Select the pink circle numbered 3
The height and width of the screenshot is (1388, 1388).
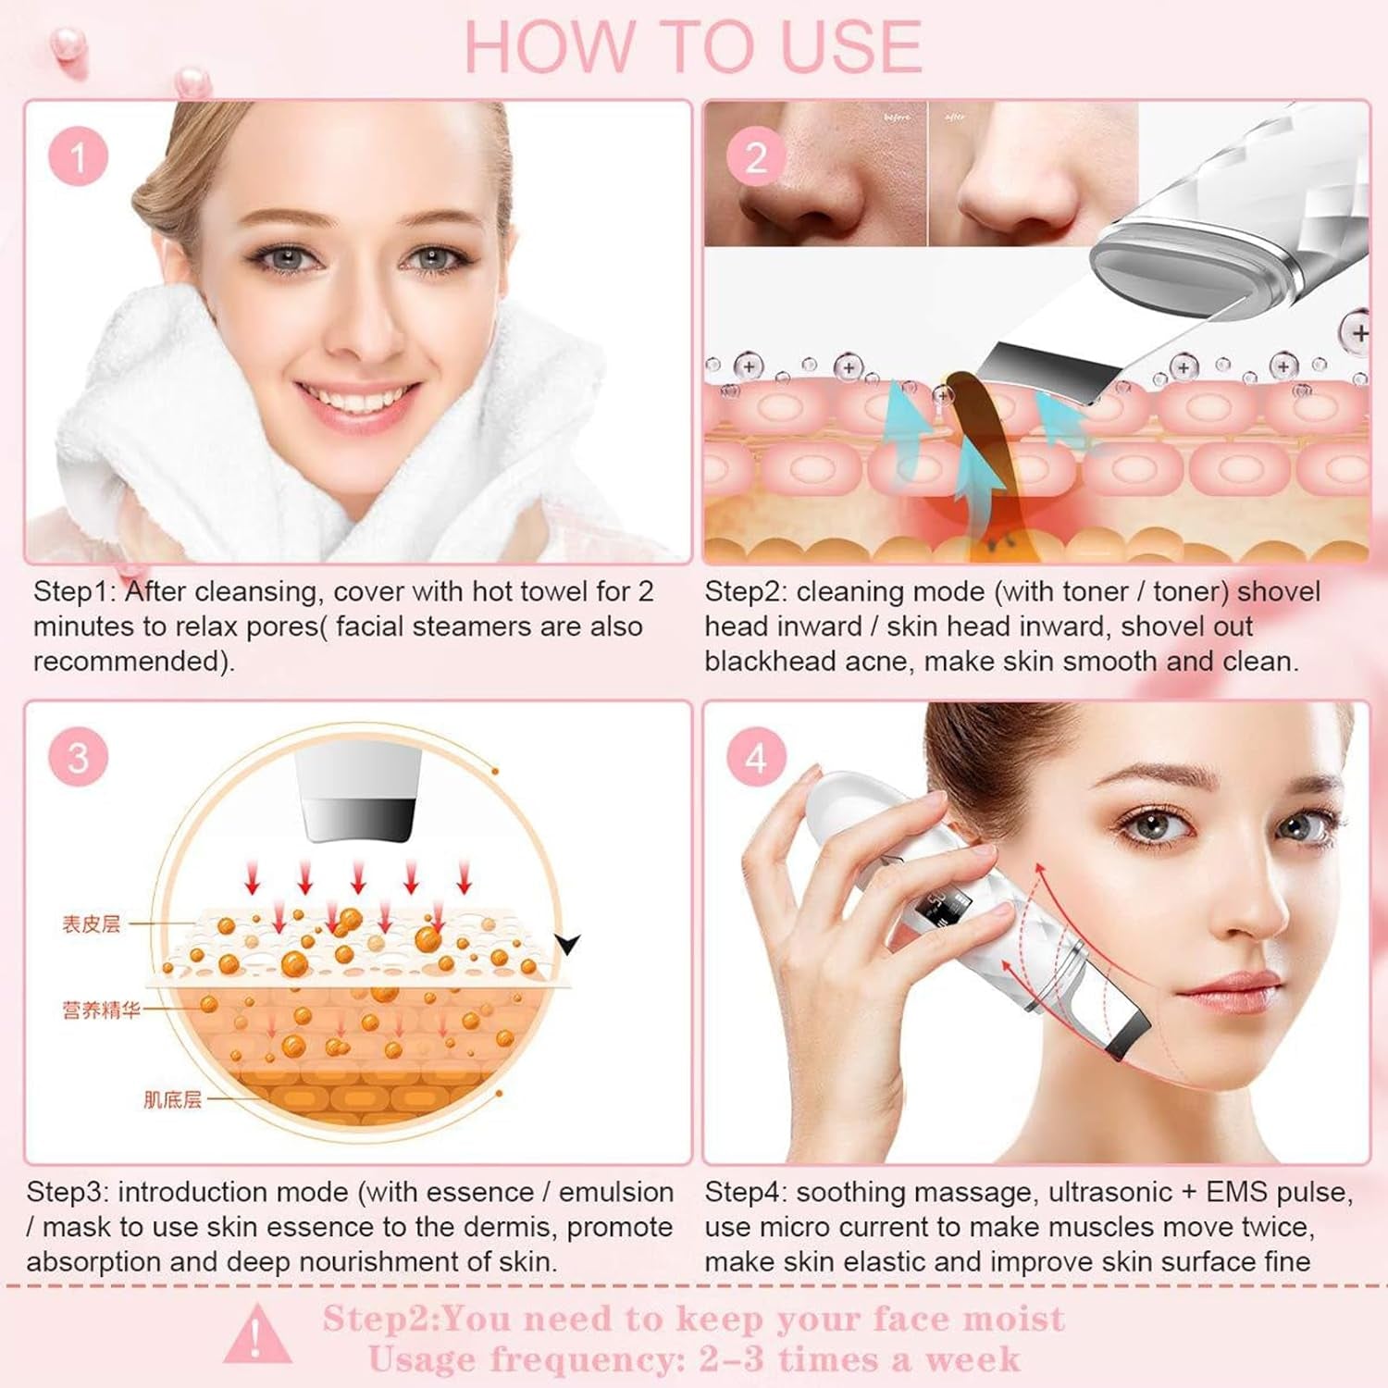click(x=78, y=757)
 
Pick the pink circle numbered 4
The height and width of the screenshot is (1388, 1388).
click(x=756, y=757)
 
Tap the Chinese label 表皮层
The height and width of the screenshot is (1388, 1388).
click(x=91, y=923)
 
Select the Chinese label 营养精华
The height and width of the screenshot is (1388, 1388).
click(x=101, y=1010)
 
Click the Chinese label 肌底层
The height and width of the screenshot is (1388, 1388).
click(x=172, y=1099)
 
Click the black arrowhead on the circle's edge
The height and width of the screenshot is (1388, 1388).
click(x=567, y=945)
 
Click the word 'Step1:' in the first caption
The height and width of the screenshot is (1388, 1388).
click(x=75, y=591)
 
